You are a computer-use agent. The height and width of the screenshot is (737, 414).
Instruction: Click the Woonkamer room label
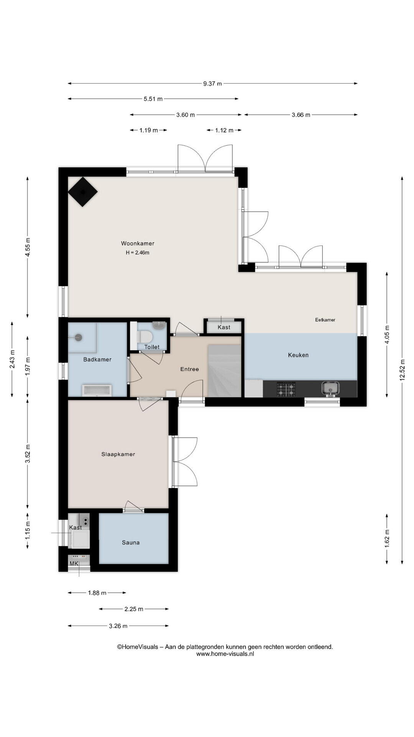click(x=138, y=243)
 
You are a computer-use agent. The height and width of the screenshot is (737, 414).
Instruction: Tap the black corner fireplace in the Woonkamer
click(x=82, y=192)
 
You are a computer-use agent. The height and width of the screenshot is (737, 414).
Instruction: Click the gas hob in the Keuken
click(x=287, y=389)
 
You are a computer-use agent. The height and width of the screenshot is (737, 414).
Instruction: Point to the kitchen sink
click(x=330, y=388)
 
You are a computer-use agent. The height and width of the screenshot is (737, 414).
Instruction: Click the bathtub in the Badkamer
click(x=97, y=390)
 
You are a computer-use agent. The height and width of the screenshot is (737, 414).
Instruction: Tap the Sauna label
click(x=131, y=542)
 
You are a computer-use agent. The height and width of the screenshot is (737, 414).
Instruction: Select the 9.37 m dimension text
click(x=213, y=84)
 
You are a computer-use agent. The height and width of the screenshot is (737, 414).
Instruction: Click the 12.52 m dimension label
click(x=402, y=370)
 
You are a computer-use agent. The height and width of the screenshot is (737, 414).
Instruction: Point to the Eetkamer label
click(x=325, y=320)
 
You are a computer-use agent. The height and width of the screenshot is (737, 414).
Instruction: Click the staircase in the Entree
click(x=225, y=371)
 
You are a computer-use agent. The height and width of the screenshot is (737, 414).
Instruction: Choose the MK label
click(x=74, y=563)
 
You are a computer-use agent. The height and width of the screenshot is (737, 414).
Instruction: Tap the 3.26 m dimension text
click(x=118, y=626)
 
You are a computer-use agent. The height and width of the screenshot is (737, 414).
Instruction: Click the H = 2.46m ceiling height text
click(x=137, y=253)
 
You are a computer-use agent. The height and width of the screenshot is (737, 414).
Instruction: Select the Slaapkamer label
click(x=118, y=454)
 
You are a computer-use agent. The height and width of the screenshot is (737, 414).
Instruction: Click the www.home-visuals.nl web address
click(x=225, y=654)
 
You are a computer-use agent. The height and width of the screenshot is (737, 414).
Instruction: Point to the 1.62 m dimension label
click(x=387, y=538)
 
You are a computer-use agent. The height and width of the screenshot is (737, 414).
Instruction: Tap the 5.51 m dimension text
click(x=153, y=99)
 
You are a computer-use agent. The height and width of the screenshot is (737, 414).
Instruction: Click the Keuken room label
click(x=298, y=355)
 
